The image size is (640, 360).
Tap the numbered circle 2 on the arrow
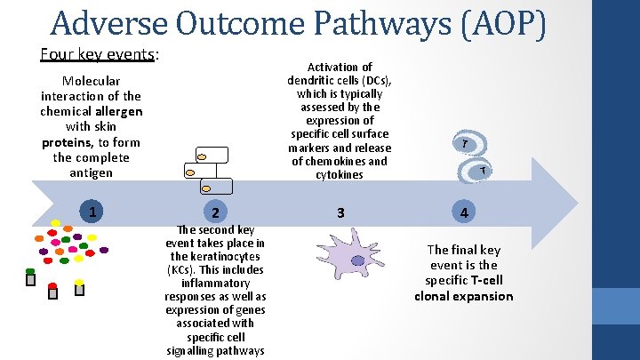pyautogui.click(x=214, y=212)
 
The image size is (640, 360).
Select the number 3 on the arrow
pyautogui.click(x=340, y=212)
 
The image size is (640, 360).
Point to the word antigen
pyautogui.click(x=91, y=172)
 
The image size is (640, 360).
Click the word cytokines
pyautogui.click(x=339, y=174)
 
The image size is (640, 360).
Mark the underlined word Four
pyautogui.click(x=56, y=54)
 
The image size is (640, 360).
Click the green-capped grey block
pyautogui.click(x=30, y=276)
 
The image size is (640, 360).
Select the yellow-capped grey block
pyautogui.click(x=79, y=288)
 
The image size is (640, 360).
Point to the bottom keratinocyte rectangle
pyautogui.click(x=215, y=186)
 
